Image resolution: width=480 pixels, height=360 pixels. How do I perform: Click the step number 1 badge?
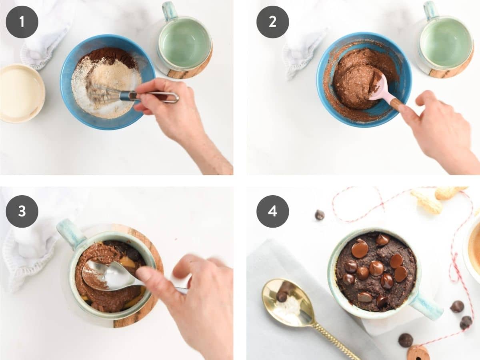point(22,22)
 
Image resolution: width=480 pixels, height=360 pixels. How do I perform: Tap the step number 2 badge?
point(272,22)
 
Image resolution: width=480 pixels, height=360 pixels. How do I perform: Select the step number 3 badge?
point(22,211)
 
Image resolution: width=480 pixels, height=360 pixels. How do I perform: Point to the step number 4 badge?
point(272,211)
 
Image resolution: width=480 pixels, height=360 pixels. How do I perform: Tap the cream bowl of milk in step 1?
point(22,93)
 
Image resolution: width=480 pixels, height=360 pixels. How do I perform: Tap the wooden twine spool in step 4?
point(418,353)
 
